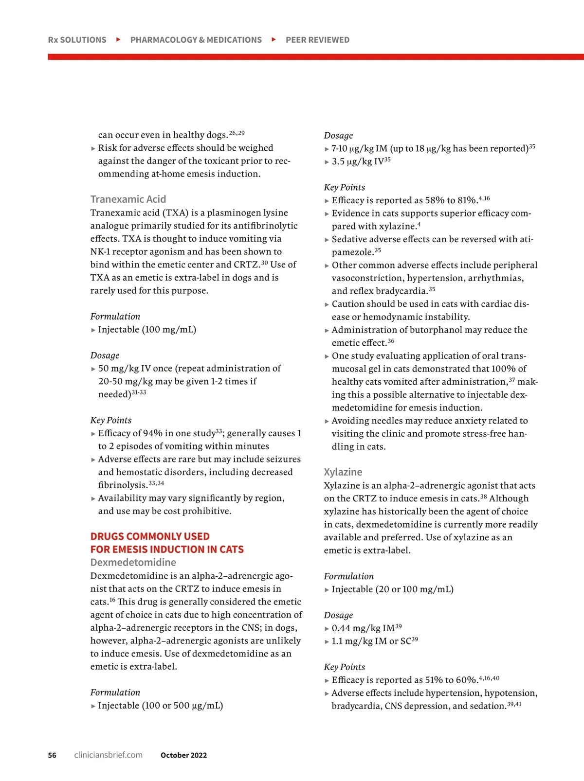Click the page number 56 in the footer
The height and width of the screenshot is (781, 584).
[52, 755]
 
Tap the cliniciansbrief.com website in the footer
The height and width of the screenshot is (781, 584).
[108, 755]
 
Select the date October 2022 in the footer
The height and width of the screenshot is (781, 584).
[183, 755]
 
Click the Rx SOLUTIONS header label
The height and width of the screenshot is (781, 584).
[77, 40]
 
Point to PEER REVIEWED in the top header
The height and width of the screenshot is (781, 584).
[317, 40]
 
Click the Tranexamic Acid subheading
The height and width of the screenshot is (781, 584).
[128, 199]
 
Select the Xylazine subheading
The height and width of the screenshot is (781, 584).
[343, 472]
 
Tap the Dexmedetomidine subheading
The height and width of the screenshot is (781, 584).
[133, 563]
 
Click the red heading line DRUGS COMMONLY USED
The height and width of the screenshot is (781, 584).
[150, 536]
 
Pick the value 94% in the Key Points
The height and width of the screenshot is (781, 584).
[152, 433]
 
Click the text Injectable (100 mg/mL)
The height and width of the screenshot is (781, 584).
[147, 330]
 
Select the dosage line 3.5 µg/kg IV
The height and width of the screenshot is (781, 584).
[358, 161]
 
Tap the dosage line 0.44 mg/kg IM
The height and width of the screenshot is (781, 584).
[363, 628]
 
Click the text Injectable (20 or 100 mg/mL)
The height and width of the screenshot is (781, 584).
[392, 589]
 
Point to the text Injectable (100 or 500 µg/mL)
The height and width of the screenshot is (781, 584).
[161, 706]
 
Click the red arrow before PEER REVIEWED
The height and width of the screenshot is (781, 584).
[274, 39]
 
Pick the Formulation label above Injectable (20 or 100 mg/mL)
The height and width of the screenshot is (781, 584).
[349, 576]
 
